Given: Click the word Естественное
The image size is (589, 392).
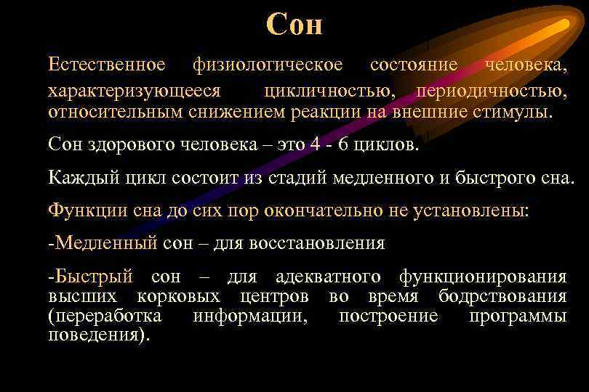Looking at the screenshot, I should (x=107, y=65).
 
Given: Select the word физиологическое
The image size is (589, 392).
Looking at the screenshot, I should (x=268, y=65).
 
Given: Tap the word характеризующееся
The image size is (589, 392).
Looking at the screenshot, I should (x=135, y=91).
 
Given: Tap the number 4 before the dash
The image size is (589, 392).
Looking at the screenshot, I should (x=313, y=144).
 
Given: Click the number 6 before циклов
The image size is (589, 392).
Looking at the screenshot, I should (x=343, y=144).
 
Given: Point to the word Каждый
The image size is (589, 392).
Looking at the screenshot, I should (x=78, y=178).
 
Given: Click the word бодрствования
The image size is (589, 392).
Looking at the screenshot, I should (x=502, y=297).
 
